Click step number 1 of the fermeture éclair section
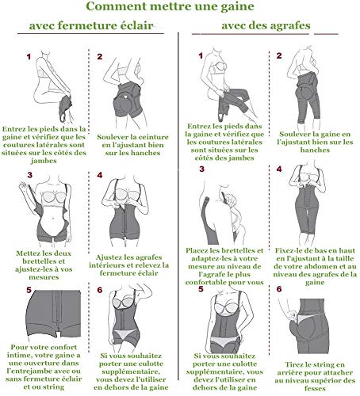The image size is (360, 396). [x=29, y=57]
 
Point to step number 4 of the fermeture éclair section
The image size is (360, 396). [x=100, y=175]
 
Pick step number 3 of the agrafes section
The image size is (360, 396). [x=202, y=169]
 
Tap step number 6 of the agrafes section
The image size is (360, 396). [x=279, y=289]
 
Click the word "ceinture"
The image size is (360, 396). [x=154, y=137]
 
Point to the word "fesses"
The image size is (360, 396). [x=315, y=389]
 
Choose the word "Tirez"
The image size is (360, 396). [x=294, y=365]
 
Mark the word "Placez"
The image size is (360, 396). [x=197, y=250]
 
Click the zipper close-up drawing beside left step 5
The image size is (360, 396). [x=54, y=314]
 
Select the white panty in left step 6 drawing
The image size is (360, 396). [x=125, y=334]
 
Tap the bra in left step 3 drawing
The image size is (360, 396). [x=54, y=197]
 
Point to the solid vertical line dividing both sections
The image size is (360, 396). [x=178, y=206]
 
